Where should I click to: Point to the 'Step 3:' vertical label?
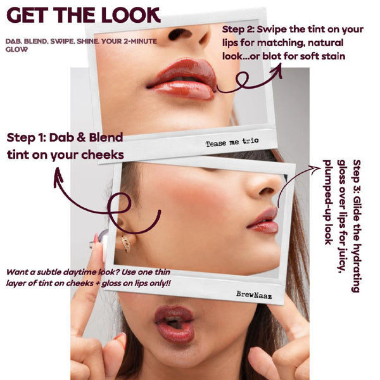coord(356,174)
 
